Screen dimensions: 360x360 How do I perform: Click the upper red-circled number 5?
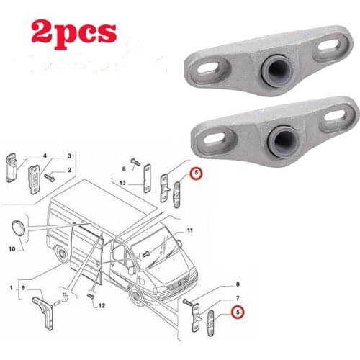coord(194,172)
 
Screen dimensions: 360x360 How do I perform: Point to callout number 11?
coord(191,230)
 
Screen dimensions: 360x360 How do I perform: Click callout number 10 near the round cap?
coord(11,249)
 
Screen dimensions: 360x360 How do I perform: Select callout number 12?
coord(102,306)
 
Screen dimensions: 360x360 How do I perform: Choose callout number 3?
coord(68,156)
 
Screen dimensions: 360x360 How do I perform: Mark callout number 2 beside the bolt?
coord(68,170)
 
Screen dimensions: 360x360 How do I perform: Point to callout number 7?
coord(238,298)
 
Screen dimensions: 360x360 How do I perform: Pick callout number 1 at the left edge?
coord(10,289)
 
